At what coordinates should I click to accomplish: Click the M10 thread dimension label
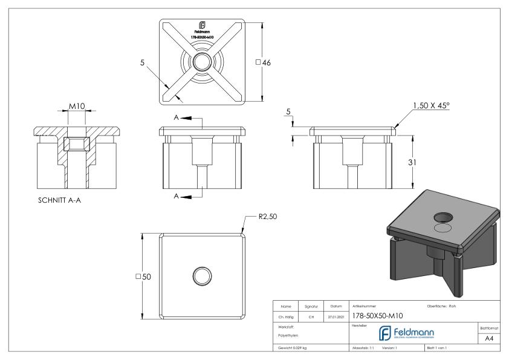pos(76,106)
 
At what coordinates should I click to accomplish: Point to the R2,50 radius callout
pos(267,215)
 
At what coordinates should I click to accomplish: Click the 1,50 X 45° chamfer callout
pos(432,105)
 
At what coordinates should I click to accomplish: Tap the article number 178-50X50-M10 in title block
pos(378,315)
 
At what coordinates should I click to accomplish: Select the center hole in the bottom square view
pos(202,276)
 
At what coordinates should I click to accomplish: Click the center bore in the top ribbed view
pos(202,62)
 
